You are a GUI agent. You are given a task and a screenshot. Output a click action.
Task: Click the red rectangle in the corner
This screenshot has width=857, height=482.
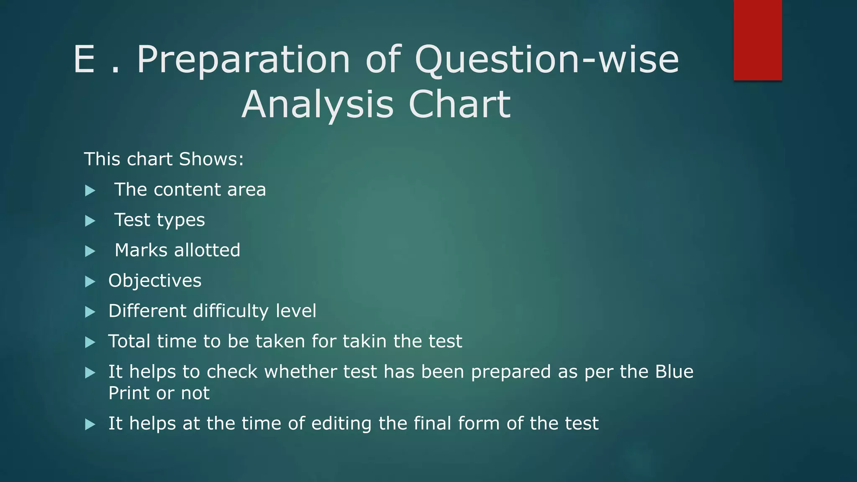[757, 40]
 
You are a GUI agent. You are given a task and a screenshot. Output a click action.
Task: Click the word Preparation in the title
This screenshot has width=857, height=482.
[243, 60]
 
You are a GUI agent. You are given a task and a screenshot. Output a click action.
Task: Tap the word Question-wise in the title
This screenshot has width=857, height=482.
[547, 60]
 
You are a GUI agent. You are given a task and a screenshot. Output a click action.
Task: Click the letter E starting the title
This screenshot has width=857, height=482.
[84, 60]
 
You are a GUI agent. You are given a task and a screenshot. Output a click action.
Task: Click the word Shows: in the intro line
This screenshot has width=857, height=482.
[211, 159]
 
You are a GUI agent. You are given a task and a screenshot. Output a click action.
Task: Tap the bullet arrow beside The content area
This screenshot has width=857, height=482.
[90, 191]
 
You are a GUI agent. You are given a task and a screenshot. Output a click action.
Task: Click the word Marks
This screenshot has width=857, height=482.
[141, 250]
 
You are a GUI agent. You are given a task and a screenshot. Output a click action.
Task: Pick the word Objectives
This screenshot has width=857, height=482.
[155, 281]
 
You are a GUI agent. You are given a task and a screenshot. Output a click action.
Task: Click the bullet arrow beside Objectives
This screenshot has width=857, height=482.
[90, 282]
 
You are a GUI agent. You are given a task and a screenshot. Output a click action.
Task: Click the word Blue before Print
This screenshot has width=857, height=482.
[674, 372]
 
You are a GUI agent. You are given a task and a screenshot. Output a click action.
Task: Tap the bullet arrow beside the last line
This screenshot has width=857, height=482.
[90, 425]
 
